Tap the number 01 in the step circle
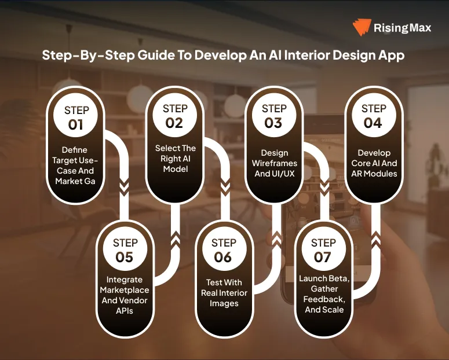click(x=76, y=124)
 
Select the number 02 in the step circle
click(x=174, y=122)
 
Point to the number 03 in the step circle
click(x=273, y=122)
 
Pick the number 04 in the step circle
click(x=373, y=122)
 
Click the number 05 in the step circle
click(x=125, y=257)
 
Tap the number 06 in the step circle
click(x=224, y=257)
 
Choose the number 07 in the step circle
click(x=323, y=256)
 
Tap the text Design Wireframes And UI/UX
click(x=274, y=163)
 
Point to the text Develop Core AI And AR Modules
click(x=374, y=163)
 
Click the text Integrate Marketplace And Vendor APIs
click(x=125, y=295)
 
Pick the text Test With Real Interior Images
click(x=224, y=293)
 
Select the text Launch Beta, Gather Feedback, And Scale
click(x=323, y=293)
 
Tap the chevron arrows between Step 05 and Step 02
click(x=174, y=240)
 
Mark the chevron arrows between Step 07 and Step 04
click(x=374, y=237)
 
